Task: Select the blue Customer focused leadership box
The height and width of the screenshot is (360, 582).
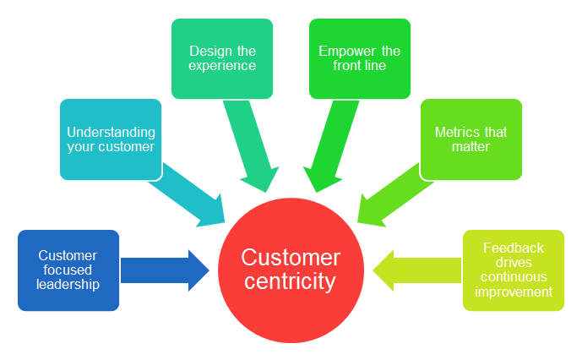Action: [68, 270]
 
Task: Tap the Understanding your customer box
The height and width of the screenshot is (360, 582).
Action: [111, 139]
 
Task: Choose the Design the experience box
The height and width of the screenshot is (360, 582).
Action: [222, 58]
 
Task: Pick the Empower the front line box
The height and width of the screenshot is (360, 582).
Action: [360, 58]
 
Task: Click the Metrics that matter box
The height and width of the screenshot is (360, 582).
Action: [470, 139]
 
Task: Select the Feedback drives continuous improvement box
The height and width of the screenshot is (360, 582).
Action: [513, 270]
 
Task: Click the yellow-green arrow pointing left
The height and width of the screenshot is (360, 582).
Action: [417, 270]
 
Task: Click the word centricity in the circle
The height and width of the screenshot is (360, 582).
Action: [290, 281]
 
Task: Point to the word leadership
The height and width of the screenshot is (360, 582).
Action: [68, 284]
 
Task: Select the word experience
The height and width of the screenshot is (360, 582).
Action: [222, 66]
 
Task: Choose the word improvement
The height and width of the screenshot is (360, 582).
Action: [514, 292]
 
